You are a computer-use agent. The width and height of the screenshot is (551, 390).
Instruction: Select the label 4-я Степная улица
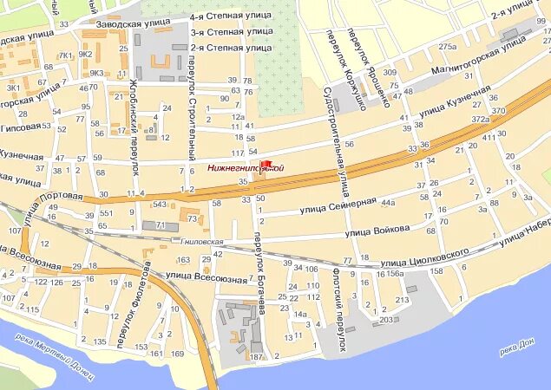point(230,16)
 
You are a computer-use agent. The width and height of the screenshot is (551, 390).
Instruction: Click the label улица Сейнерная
point(338,205)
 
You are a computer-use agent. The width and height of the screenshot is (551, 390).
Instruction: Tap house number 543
point(159,205)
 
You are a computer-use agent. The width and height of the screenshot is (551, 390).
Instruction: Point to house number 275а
point(447,46)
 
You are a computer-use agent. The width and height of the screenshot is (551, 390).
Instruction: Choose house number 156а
point(395,274)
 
